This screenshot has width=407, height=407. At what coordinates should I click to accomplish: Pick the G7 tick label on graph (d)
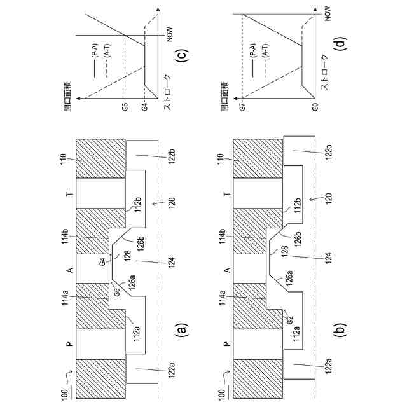coord(242,108)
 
